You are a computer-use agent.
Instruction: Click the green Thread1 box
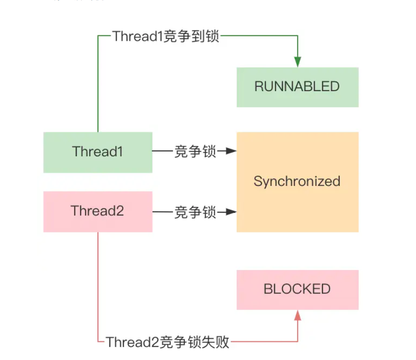pyautogui.click(x=98, y=152)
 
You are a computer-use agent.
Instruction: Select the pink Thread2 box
pyautogui.click(x=98, y=211)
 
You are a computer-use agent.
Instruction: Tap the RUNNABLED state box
pyautogui.click(x=297, y=87)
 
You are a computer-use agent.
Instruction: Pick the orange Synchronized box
pyautogui.click(x=297, y=182)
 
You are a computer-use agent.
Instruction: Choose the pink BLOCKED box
pyautogui.click(x=297, y=289)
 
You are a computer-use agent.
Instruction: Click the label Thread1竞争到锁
pyautogui.click(x=166, y=36)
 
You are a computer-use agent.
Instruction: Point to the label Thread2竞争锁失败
pyautogui.click(x=167, y=342)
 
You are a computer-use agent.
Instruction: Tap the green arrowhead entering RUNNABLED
pyautogui.click(x=297, y=62)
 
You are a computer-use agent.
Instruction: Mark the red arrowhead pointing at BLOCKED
pyautogui.click(x=297, y=315)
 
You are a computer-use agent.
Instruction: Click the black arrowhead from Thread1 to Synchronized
pyautogui.click(x=232, y=151)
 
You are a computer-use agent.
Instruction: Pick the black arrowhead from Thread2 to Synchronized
pyautogui.click(x=232, y=211)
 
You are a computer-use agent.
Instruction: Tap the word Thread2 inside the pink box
pyautogui.click(x=97, y=211)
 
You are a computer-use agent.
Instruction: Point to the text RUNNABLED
pyautogui.click(x=297, y=87)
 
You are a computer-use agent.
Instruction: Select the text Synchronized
pyautogui.click(x=297, y=182)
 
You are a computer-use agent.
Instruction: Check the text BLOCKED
pyautogui.click(x=297, y=289)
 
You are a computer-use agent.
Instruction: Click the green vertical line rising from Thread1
pyautogui.click(x=98, y=86)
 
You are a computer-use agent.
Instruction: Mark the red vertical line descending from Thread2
pyautogui.click(x=98, y=288)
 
